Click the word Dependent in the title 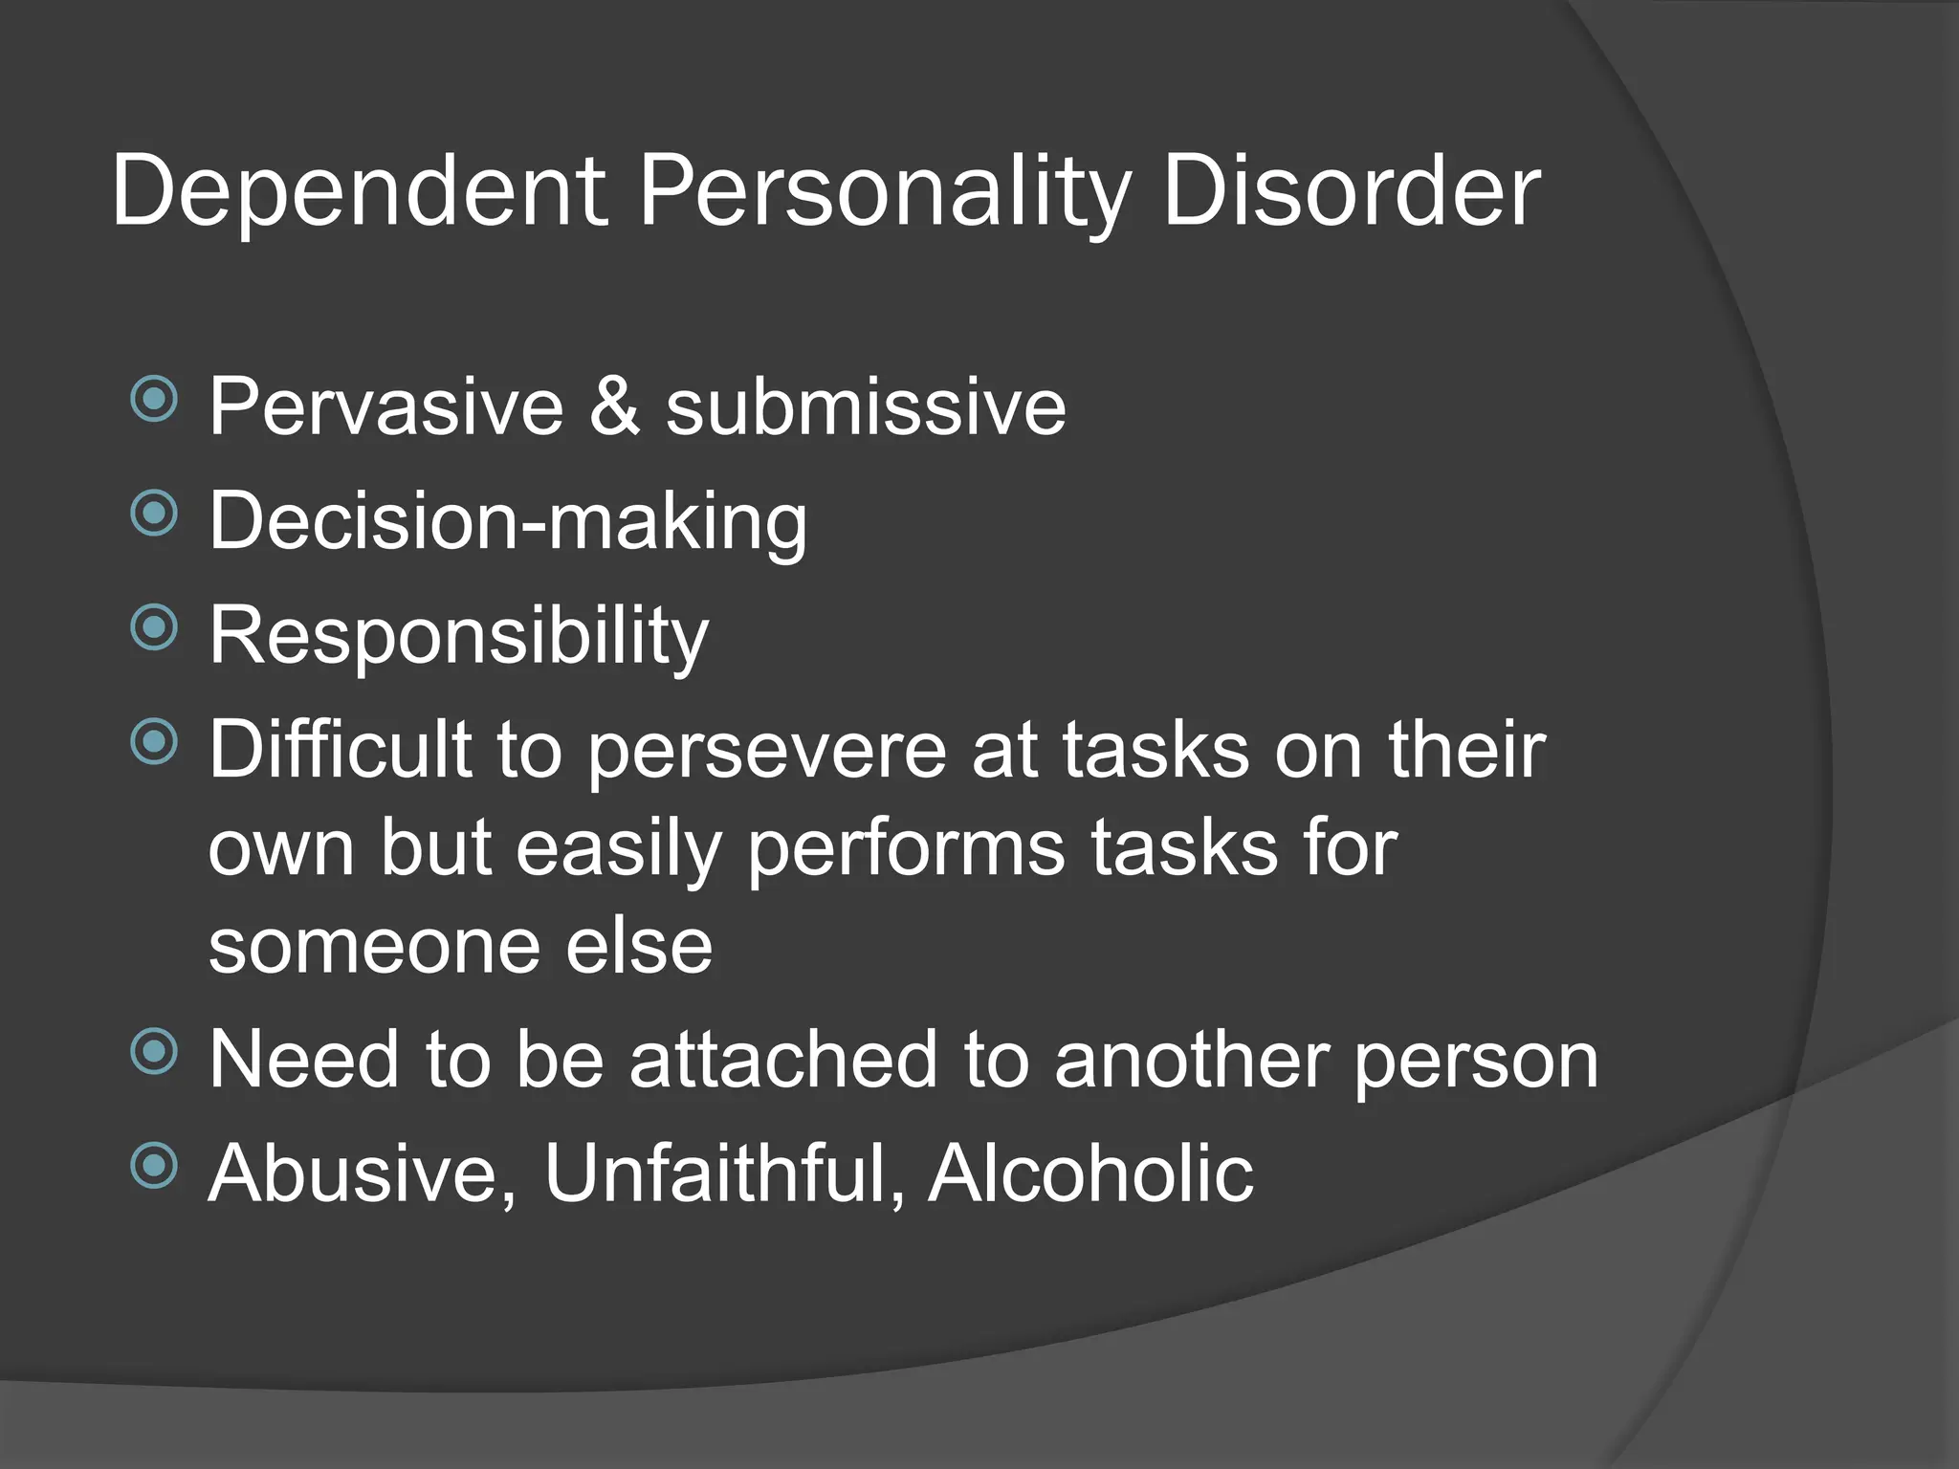pyautogui.click(x=360, y=191)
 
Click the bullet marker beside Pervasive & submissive pyautogui.click(x=154, y=400)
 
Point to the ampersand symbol pyautogui.click(x=614, y=406)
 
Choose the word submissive pyautogui.click(x=866, y=406)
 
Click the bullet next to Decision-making pyautogui.click(x=154, y=514)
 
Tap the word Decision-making pyautogui.click(x=508, y=522)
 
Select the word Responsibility pyautogui.click(x=459, y=636)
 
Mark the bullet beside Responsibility pyautogui.click(x=154, y=627)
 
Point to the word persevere pyautogui.click(x=766, y=752)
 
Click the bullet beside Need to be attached pyautogui.click(x=154, y=1052)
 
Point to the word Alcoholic pyautogui.click(x=1090, y=1173)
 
